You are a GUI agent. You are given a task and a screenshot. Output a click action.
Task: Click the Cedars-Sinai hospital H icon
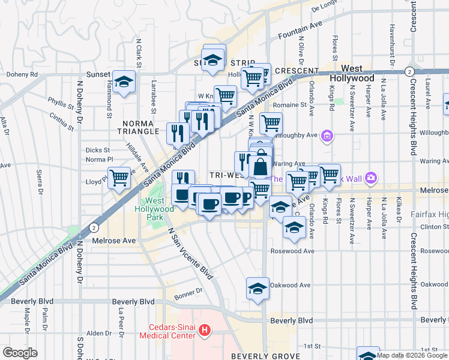(x=205, y=329)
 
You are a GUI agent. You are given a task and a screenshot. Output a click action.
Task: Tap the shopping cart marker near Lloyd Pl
(x=119, y=178)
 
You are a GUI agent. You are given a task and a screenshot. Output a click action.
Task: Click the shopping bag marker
(x=261, y=166)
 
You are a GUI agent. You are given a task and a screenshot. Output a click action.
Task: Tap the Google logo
(x=20, y=352)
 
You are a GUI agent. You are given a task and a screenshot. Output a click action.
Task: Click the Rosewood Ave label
(x=292, y=251)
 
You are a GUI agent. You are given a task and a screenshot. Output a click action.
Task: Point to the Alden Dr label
(x=95, y=333)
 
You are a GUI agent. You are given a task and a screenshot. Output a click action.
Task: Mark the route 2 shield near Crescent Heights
(x=408, y=71)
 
